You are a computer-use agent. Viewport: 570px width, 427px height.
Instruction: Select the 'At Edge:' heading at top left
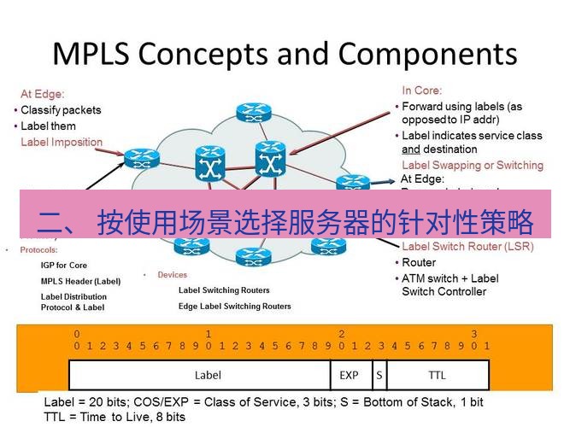[43, 94]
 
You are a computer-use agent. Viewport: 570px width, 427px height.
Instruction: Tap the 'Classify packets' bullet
[61, 110]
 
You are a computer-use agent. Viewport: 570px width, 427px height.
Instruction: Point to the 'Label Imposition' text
[62, 143]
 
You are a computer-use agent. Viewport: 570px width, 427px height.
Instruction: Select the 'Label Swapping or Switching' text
[472, 165]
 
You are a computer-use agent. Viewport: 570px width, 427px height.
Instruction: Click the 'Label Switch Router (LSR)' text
[467, 247]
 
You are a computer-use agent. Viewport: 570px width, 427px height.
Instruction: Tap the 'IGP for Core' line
[64, 266]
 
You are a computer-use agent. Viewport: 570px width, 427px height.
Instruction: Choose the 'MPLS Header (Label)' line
[81, 281]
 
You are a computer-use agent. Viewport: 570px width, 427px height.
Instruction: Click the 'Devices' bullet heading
[172, 275]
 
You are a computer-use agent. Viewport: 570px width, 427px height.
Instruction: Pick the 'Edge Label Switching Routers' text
[234, 306]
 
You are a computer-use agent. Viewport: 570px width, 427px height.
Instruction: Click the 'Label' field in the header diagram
[208, 374]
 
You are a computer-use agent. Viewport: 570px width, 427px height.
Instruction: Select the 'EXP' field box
[350, 374]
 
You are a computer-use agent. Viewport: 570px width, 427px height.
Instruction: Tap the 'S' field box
[378, 374]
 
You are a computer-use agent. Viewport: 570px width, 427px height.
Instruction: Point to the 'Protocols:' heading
[38, 250]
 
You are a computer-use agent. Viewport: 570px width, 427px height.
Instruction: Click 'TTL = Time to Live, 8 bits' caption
[115, 417]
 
